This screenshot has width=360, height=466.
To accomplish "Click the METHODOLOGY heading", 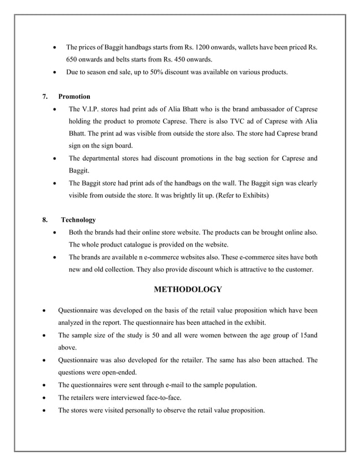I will click(187, 289).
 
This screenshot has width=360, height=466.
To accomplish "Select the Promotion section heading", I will click(74, 96).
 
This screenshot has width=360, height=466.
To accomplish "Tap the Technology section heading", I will click(78, 219).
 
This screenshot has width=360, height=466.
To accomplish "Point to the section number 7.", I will click(45, 96).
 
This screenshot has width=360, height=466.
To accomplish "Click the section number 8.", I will click(45, 219).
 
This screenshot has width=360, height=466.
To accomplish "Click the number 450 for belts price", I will click(197, 59).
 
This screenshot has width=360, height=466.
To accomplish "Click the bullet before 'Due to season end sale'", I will click(54, 72).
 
